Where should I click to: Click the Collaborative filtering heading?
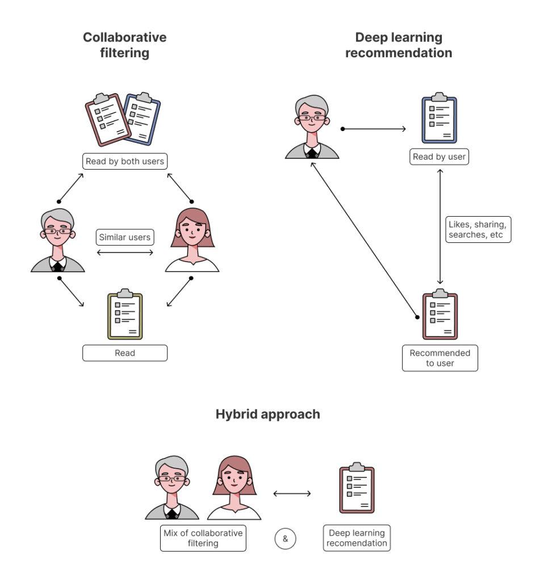(125, 45)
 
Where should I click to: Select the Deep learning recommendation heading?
(399, 45)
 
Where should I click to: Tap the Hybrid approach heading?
(267, 414)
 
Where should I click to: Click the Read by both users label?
(125, 161)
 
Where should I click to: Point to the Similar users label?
(125, 237)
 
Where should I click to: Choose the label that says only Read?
(125, 353)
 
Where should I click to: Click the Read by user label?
(439, 157)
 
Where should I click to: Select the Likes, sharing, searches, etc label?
(478, 230)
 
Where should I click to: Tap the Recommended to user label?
(440, 358)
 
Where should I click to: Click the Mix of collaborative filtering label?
(203, 538)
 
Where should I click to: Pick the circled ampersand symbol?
(286, 538)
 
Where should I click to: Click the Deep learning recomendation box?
(357, 538)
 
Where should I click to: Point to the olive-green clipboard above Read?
(125, 315)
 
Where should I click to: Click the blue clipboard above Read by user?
(439, 118)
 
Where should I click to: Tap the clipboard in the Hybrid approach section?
(357, 489)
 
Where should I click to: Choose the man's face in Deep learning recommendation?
(312, 120)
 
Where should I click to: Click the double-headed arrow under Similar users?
(125, 252)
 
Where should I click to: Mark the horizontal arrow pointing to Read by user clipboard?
(374, 129)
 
